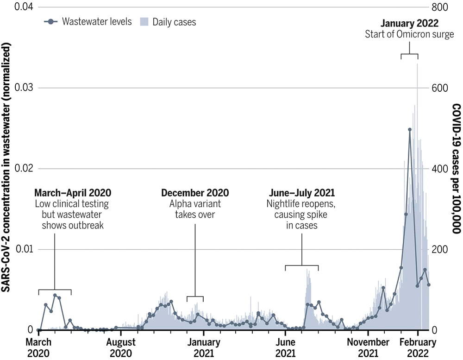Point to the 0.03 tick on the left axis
pyautogui.click(x=23, y=88)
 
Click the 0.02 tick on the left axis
pyautogui.click(x=23, y=169)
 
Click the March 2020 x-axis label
pyautogui.click(x=39, y=347)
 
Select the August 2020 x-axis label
pyautogui.click(x=121, y=347)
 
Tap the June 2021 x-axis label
pyautogui.click(x=285, y=347)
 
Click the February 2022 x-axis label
pyautogui.click(x=418, y=347)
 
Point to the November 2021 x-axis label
pyautogui.click(x=368, y=347)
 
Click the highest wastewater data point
pyautogui.click(x=410, y=130)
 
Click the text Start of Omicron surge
pyautogui.click(x=409, y=34)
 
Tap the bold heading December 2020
pyautogui.click(x=195, y=193)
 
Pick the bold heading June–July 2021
pyautogui.click(x=302, y=193)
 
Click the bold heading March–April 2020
pyautogui.click(x=73, y=193)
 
